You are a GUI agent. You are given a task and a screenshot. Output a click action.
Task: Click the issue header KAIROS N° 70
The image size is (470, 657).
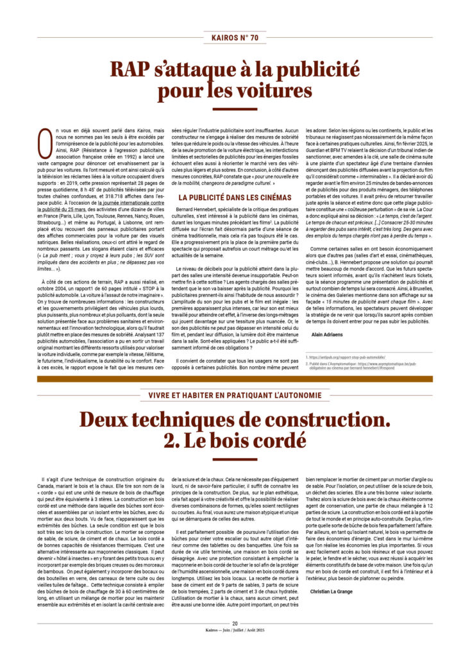tap(235, 38)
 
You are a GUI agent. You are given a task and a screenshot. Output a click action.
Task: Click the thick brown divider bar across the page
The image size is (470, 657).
tap(235, 379)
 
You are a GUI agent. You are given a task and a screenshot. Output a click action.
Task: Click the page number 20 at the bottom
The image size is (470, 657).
tap(235, 623)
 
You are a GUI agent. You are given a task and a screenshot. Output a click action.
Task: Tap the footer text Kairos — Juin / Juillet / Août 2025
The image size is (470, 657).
tap(235, 631)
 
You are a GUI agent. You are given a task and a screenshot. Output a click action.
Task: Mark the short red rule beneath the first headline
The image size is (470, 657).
tap(235, 108)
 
